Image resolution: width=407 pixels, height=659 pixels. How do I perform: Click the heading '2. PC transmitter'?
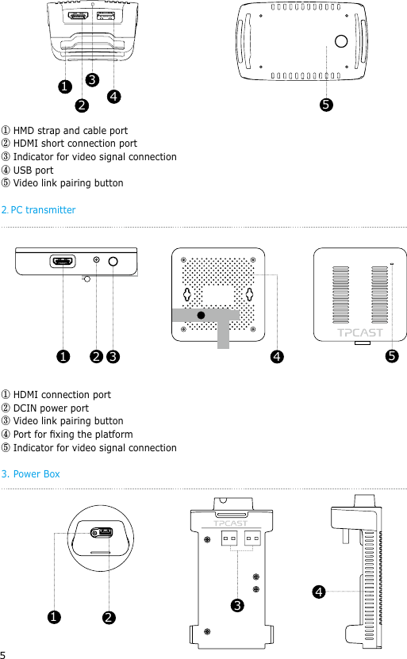(x=39, y=210)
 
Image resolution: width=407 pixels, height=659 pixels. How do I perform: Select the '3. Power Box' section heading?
(x=31, y=474)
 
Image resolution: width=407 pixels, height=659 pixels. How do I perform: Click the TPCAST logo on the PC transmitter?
(x=361, y=333)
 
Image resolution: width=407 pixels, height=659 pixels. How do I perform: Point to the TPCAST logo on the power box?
(x=230, y=523)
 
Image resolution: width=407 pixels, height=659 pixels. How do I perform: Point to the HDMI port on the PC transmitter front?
(x=63, y=260)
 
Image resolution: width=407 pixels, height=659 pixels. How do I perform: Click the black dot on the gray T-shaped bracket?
(x=201, y=315)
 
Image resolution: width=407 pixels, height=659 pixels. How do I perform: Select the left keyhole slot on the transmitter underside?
(x=187, y=294)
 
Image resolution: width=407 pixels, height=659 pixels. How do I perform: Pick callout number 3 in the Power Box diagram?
(x=236, y=606)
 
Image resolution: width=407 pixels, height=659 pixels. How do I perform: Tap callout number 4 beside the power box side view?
(x=318, y=592)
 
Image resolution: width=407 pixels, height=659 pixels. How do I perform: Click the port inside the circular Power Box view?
(x=101, y=533)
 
